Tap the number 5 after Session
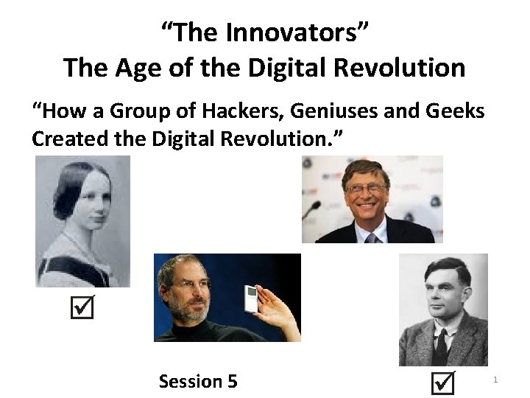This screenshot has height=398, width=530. pos(233,381)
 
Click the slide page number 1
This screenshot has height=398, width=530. pos(495,380)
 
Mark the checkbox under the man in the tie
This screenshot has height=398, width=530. pos(442,383)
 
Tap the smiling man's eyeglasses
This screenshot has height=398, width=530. pos(366,188)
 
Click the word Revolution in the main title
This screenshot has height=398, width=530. pos(398,68)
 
